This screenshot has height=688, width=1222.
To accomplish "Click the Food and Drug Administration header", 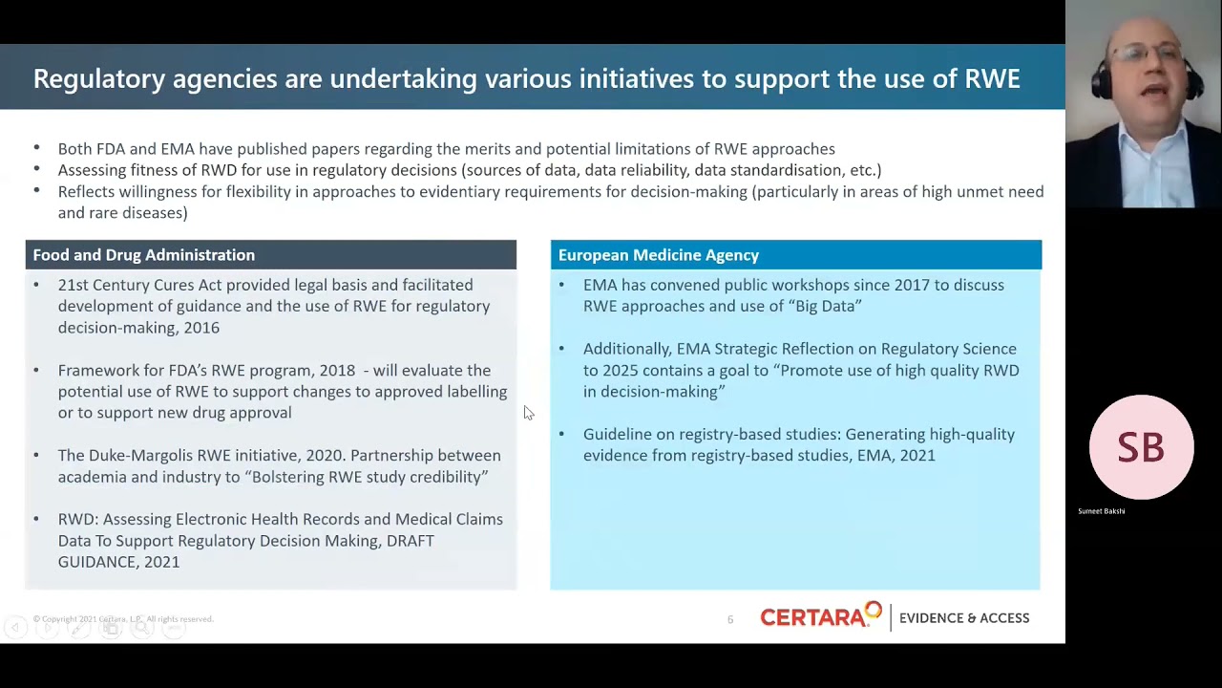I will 144,255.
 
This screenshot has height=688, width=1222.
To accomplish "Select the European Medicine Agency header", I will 659,255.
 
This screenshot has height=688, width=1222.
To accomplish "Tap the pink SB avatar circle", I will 1141,447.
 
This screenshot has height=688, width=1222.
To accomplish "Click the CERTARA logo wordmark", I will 819,617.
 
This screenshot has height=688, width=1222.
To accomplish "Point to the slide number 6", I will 730,619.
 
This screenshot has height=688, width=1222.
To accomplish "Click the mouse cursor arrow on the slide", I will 528,412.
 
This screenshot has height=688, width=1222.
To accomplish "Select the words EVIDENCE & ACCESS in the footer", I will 964,618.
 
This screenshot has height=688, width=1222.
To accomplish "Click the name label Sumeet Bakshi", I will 1101,511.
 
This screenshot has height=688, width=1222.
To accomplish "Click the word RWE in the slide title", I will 992,78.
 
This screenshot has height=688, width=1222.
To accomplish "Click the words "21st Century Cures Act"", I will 139,285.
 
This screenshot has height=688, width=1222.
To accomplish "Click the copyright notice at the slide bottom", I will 123,619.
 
